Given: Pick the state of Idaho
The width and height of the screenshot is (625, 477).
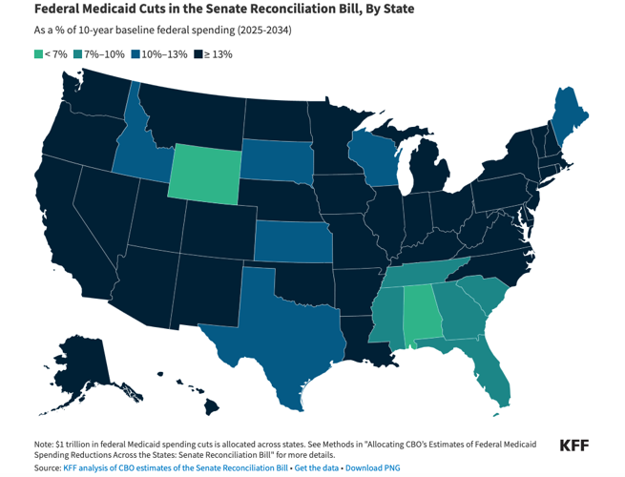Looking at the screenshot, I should [x=142, y=153].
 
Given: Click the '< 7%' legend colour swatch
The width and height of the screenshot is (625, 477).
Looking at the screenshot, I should [x=38, y=54].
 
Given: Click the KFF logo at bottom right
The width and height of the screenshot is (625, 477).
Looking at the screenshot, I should [x=573, y=446].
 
